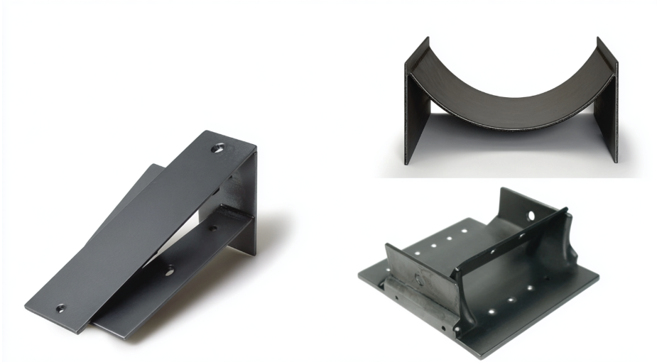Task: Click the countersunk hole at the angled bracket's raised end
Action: [x=219, y=150]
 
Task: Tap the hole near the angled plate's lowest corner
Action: [x=60, y=309]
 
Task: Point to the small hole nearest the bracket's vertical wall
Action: [x=211, y=229]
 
